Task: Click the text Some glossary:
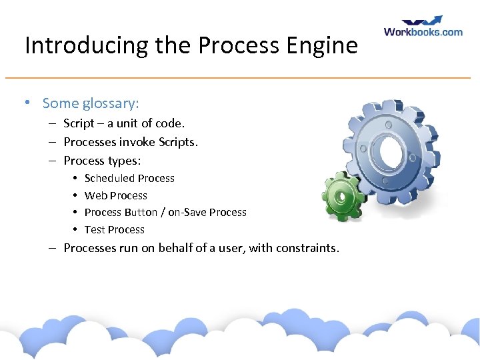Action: tap(90, 103)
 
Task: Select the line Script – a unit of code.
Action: tap(123, 123)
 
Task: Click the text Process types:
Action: tap(102, 160)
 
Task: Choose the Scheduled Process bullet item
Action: tap(129, 179)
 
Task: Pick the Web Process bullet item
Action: tap(115, 195)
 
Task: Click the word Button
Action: tap(141, 213)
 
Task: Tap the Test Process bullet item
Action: tap(114, 230)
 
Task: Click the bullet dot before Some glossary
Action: tap(27, 103)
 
